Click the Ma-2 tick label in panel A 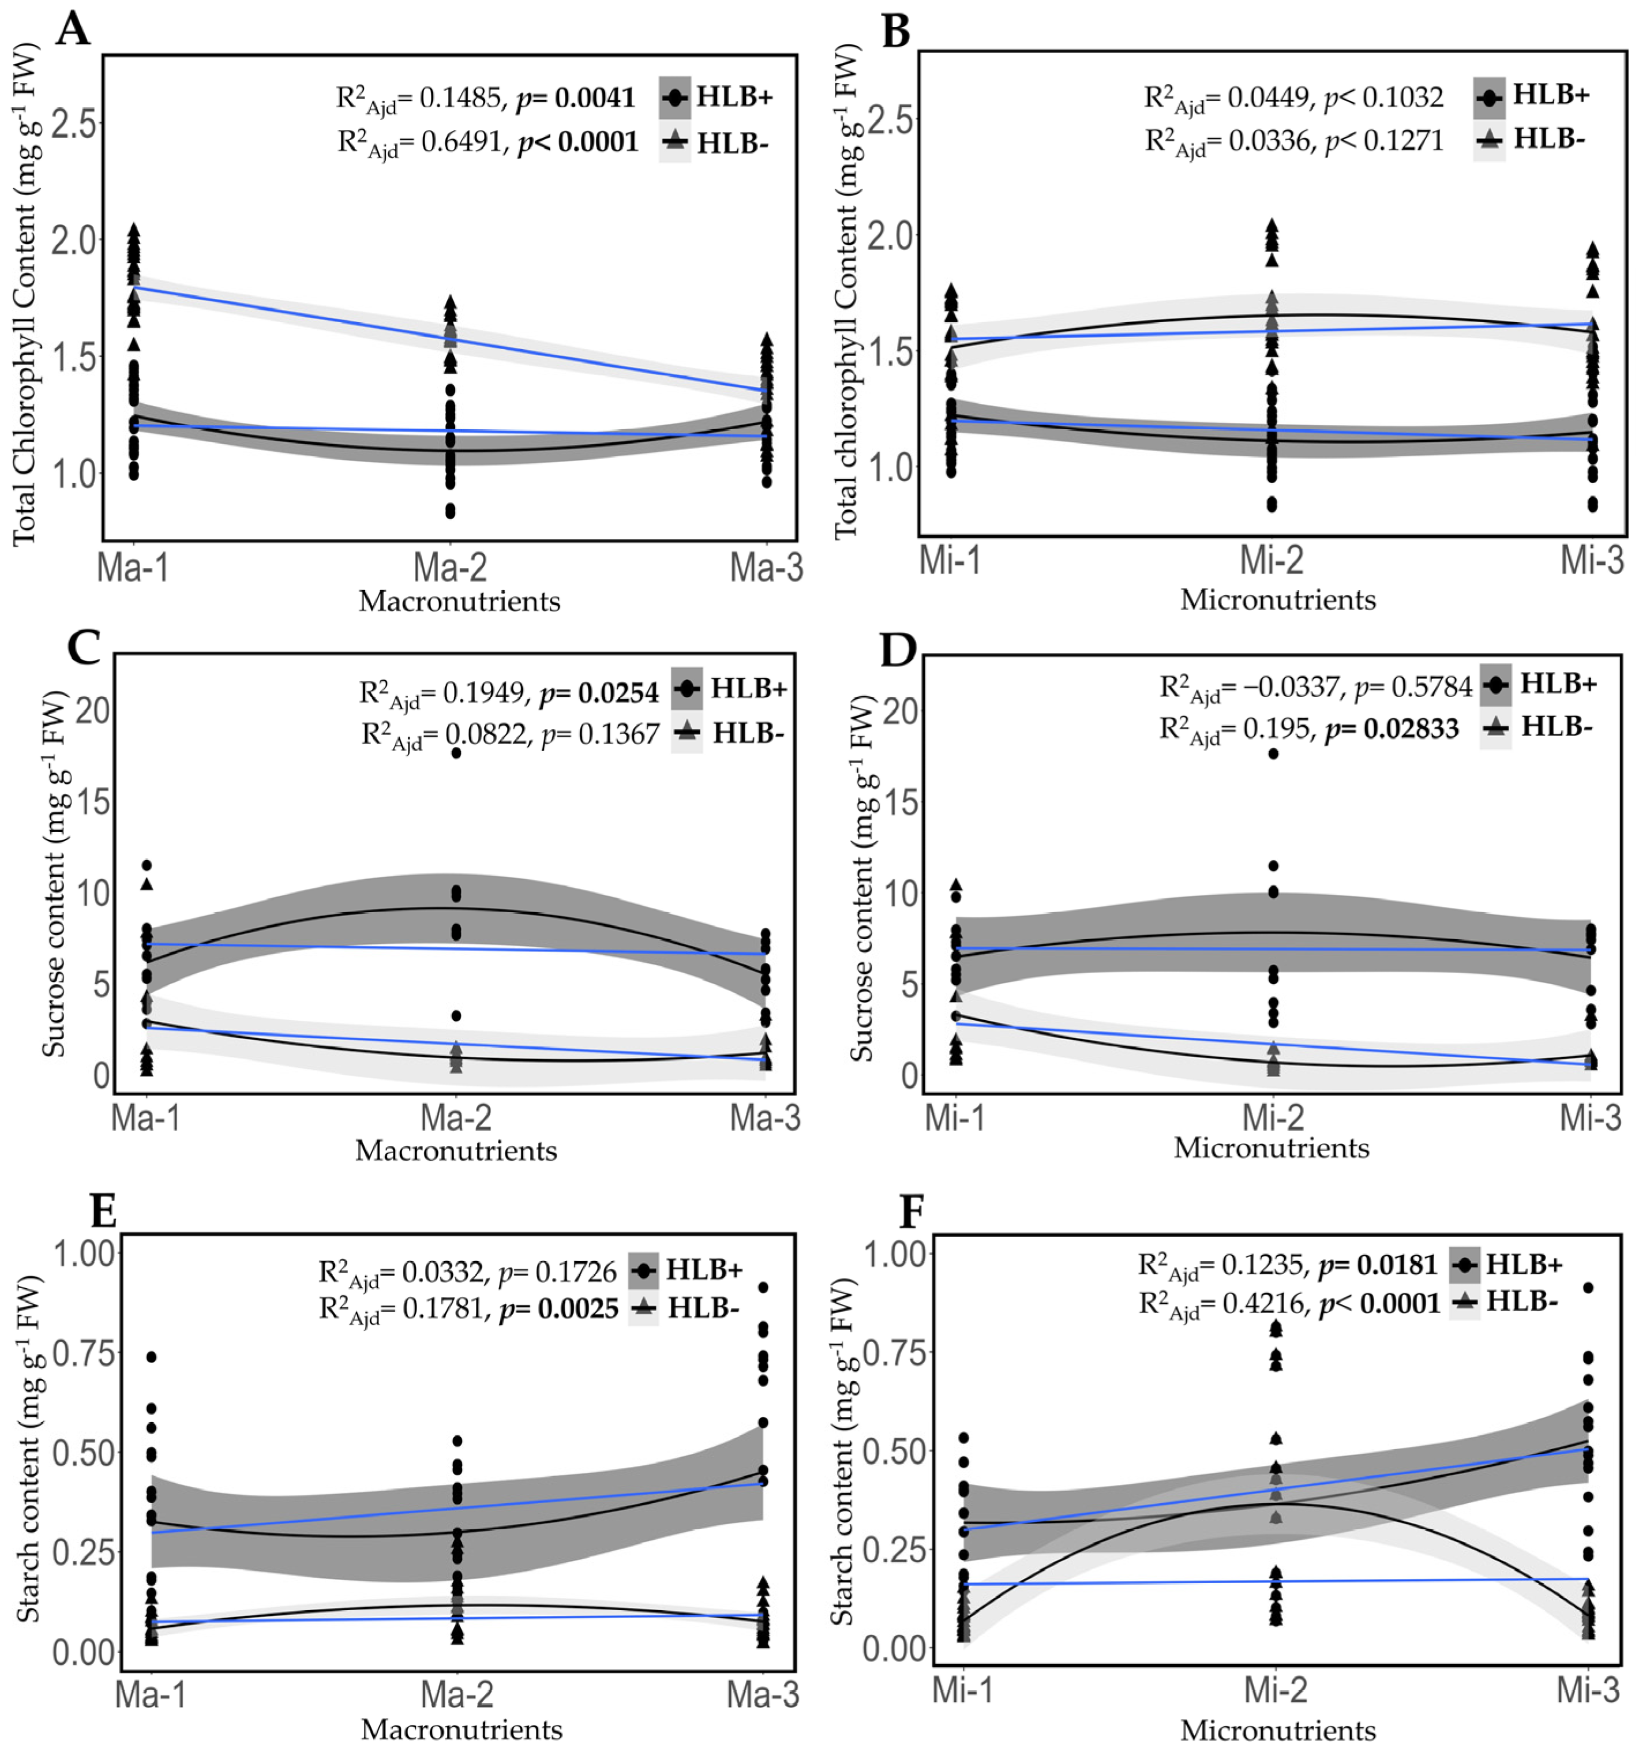450,568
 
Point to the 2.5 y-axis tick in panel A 74,122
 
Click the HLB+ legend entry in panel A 733,97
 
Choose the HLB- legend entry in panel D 1557,726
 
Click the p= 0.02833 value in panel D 1392,729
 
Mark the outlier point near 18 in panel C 456,753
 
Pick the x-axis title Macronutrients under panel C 456,1150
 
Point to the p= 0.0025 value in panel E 559,1309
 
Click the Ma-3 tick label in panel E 763,1693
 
